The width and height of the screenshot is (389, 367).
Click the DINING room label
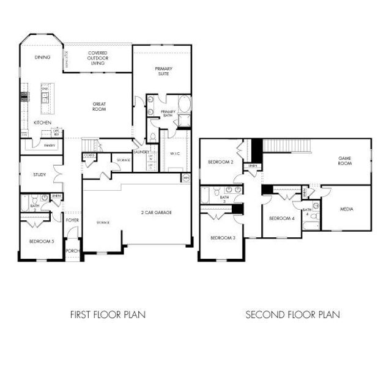coord(42,57)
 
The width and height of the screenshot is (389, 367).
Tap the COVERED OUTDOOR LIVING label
coord(98,58)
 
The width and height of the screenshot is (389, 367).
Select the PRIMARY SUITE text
coord(163,71)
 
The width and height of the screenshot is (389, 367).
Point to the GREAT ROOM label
coord(99,106)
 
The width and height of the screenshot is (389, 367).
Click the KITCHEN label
coord(42,123)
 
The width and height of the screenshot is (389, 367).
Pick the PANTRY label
coord(50,146)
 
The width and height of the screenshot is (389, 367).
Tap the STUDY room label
coord(40,175)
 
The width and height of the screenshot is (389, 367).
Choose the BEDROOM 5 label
coord(42,242)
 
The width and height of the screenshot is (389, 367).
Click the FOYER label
coord(73,220)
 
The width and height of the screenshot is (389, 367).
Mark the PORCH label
coord(73,250)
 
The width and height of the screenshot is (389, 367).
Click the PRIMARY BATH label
coord(168,113)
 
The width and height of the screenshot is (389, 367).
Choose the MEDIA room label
coord(347,209)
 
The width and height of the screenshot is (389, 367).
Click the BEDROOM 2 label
coord(220,162)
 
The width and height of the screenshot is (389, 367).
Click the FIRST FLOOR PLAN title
coord(108,315)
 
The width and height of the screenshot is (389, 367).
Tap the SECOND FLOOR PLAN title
coord(292,315)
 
